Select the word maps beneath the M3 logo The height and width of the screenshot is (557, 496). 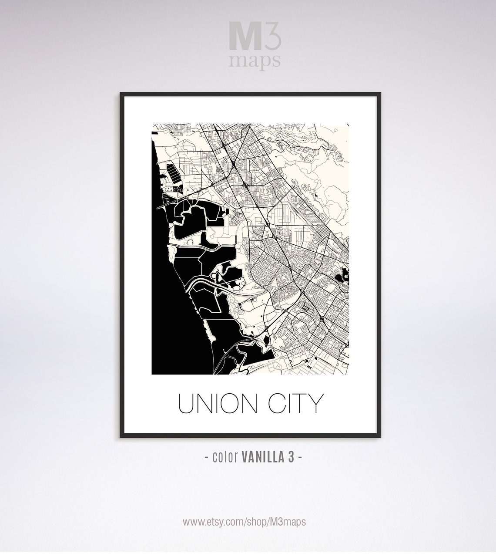[x=255, y=61]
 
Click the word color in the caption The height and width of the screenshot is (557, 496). [x=225, y=457]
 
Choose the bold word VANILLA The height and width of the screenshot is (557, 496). [x=263, y=457]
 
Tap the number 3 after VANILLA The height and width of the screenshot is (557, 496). [x=292, y=457]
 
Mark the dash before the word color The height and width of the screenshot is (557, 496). [x=207, y=457]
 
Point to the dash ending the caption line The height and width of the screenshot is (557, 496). [x=300, y=457]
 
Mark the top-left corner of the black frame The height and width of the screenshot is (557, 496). [x=121, y=94]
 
